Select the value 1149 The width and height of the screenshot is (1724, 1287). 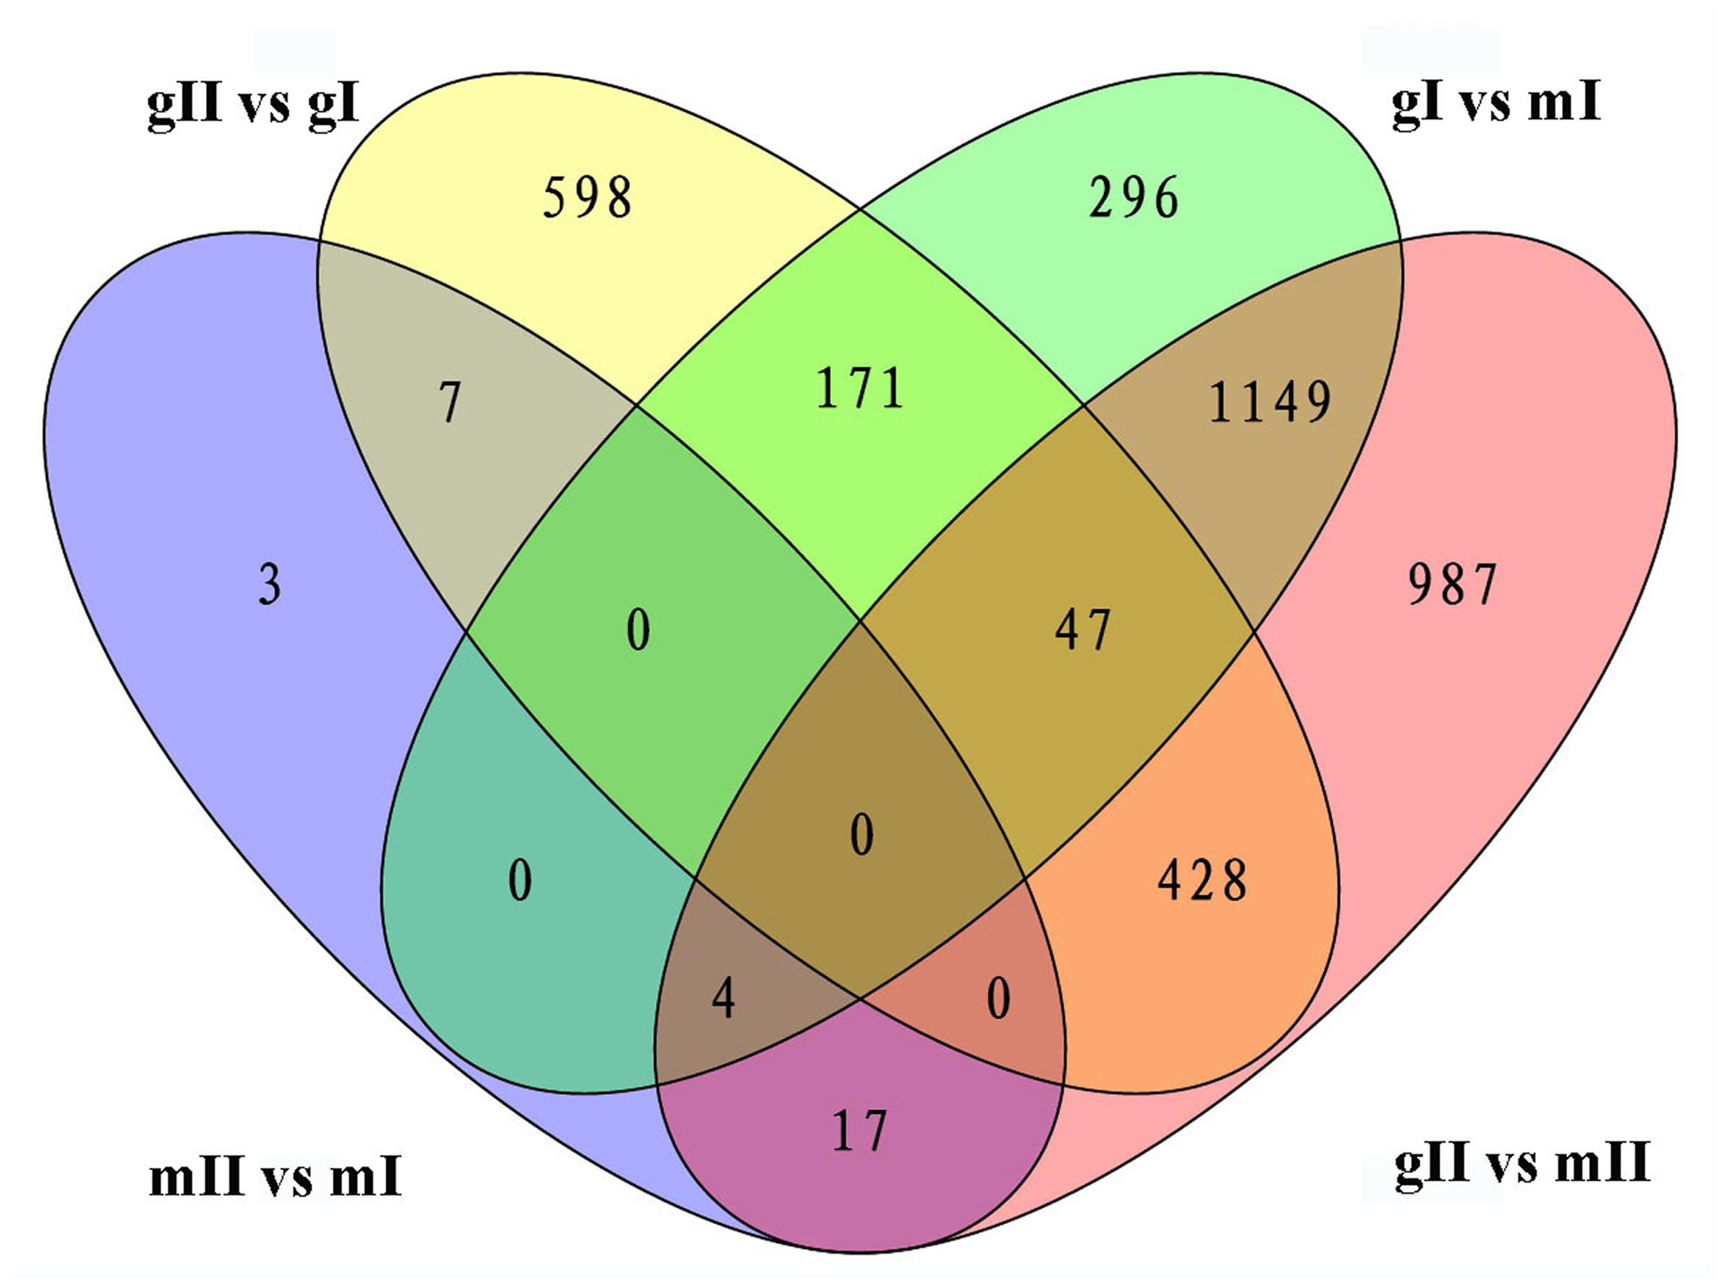click(x=1270, y=402)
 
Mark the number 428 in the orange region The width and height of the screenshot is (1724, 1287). click(x=1202, y=881)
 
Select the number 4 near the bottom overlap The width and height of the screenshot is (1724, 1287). click(x=723, y=999)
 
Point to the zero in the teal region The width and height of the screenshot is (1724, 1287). click(x=520, y=881)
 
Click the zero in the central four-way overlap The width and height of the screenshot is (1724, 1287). click(x=861, y=835)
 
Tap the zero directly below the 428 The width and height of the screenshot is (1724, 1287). click(x=998, y=999)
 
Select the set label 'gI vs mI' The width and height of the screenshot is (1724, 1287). click(x=1496, y=103)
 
